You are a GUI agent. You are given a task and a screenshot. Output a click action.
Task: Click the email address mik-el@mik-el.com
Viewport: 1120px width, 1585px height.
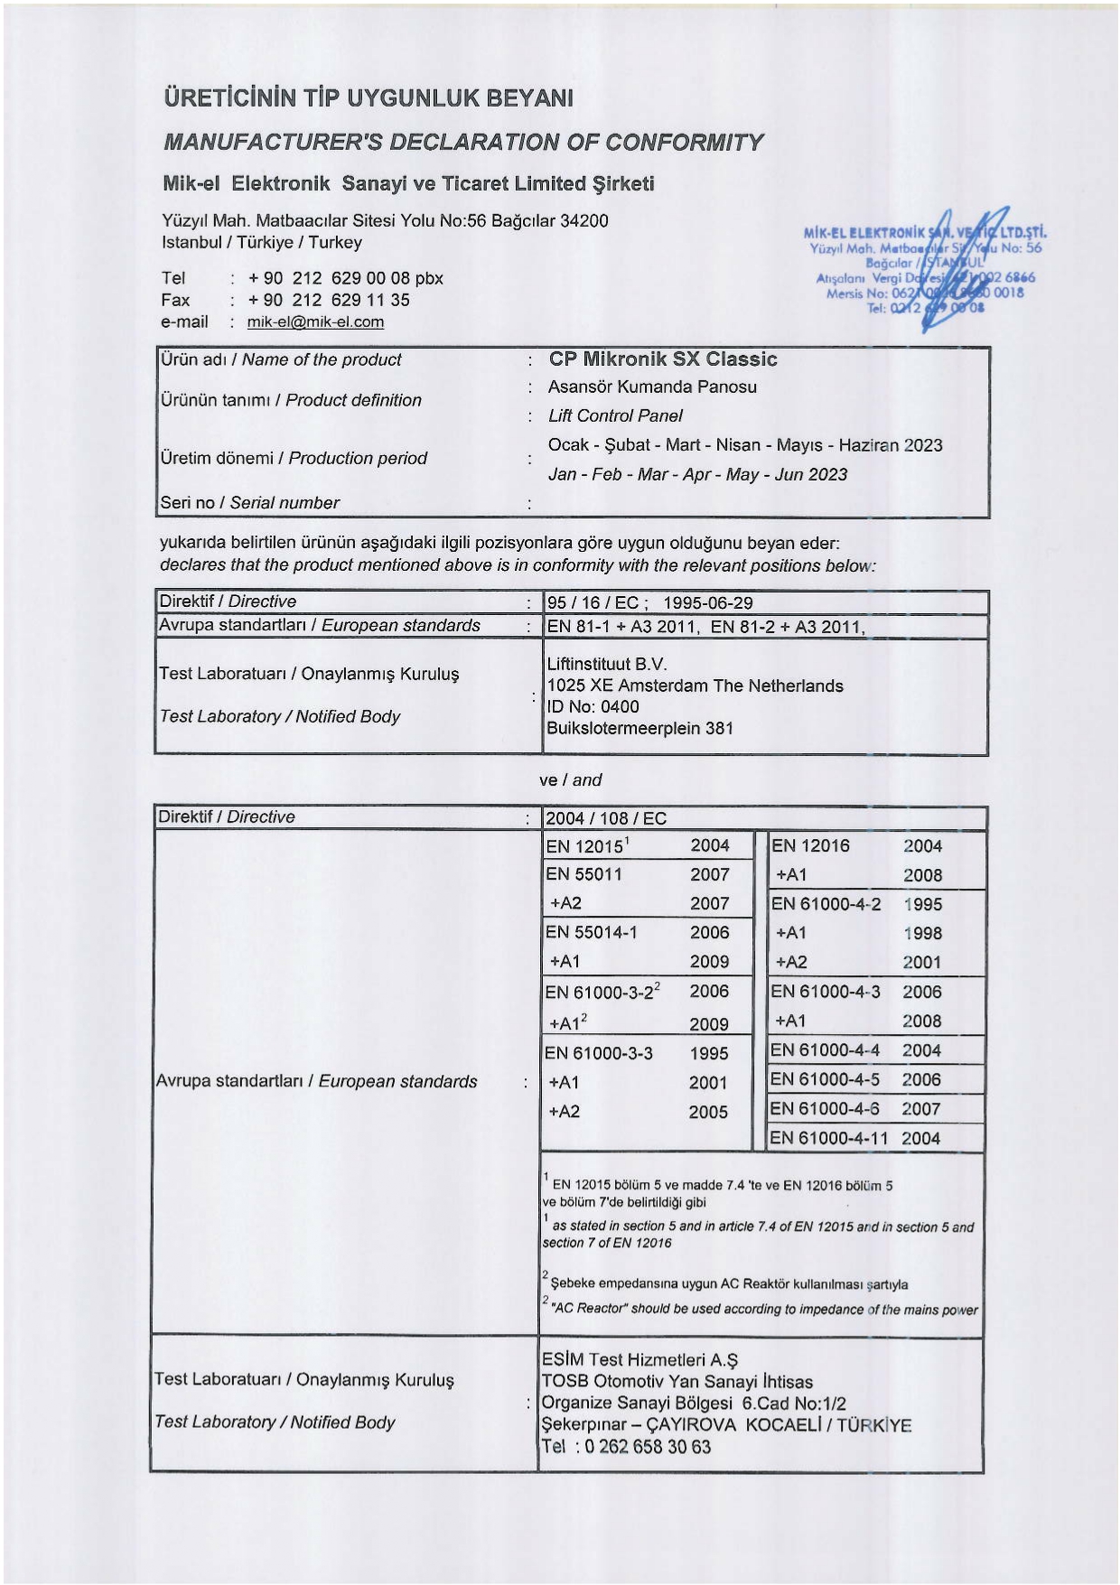[x=315, y=322]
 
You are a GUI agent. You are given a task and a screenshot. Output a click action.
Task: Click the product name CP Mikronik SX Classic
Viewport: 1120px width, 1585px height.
[x=662, y=359]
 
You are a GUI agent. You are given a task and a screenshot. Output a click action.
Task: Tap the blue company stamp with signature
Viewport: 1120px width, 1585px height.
[x=924, y=268]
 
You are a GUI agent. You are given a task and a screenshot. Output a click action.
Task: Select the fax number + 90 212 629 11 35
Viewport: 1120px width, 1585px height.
[x=329, y=301]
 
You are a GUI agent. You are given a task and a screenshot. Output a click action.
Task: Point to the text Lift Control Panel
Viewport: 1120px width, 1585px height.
[x=615, y=416]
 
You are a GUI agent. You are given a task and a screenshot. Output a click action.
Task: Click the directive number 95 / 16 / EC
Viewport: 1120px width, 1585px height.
[x=592, y=603]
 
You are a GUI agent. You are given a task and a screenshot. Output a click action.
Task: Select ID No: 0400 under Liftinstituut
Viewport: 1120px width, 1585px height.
[x=593, y=707]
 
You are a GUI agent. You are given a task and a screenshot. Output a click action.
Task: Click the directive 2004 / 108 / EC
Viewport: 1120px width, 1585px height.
[x=605, y=819]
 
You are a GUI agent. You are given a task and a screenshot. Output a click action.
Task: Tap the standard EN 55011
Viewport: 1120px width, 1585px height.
[x=583, y=874]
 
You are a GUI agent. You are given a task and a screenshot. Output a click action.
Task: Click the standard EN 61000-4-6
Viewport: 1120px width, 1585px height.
[x=825, y=1109]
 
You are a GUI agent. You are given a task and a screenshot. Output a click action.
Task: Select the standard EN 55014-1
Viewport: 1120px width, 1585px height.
[x=591, y=932]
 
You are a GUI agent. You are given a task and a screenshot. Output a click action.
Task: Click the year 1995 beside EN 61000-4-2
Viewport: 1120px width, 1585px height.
[x=921, y=904]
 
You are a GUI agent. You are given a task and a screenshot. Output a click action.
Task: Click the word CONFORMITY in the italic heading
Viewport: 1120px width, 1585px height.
[x=684, y=143]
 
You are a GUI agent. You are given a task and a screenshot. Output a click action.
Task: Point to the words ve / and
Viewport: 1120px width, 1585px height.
[x=570, y=780]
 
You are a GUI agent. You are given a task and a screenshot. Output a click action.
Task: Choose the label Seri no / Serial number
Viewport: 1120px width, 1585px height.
[x=249, y=503]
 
